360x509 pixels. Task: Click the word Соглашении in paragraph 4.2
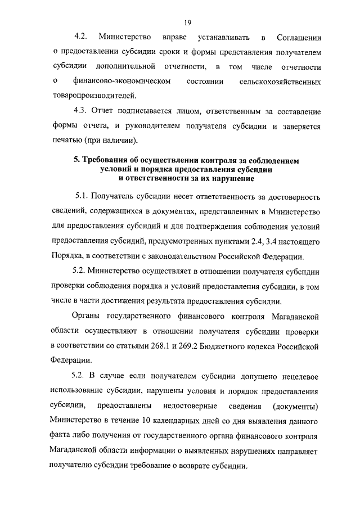(x=299, y=38)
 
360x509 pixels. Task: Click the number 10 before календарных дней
(x=147, y=421)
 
